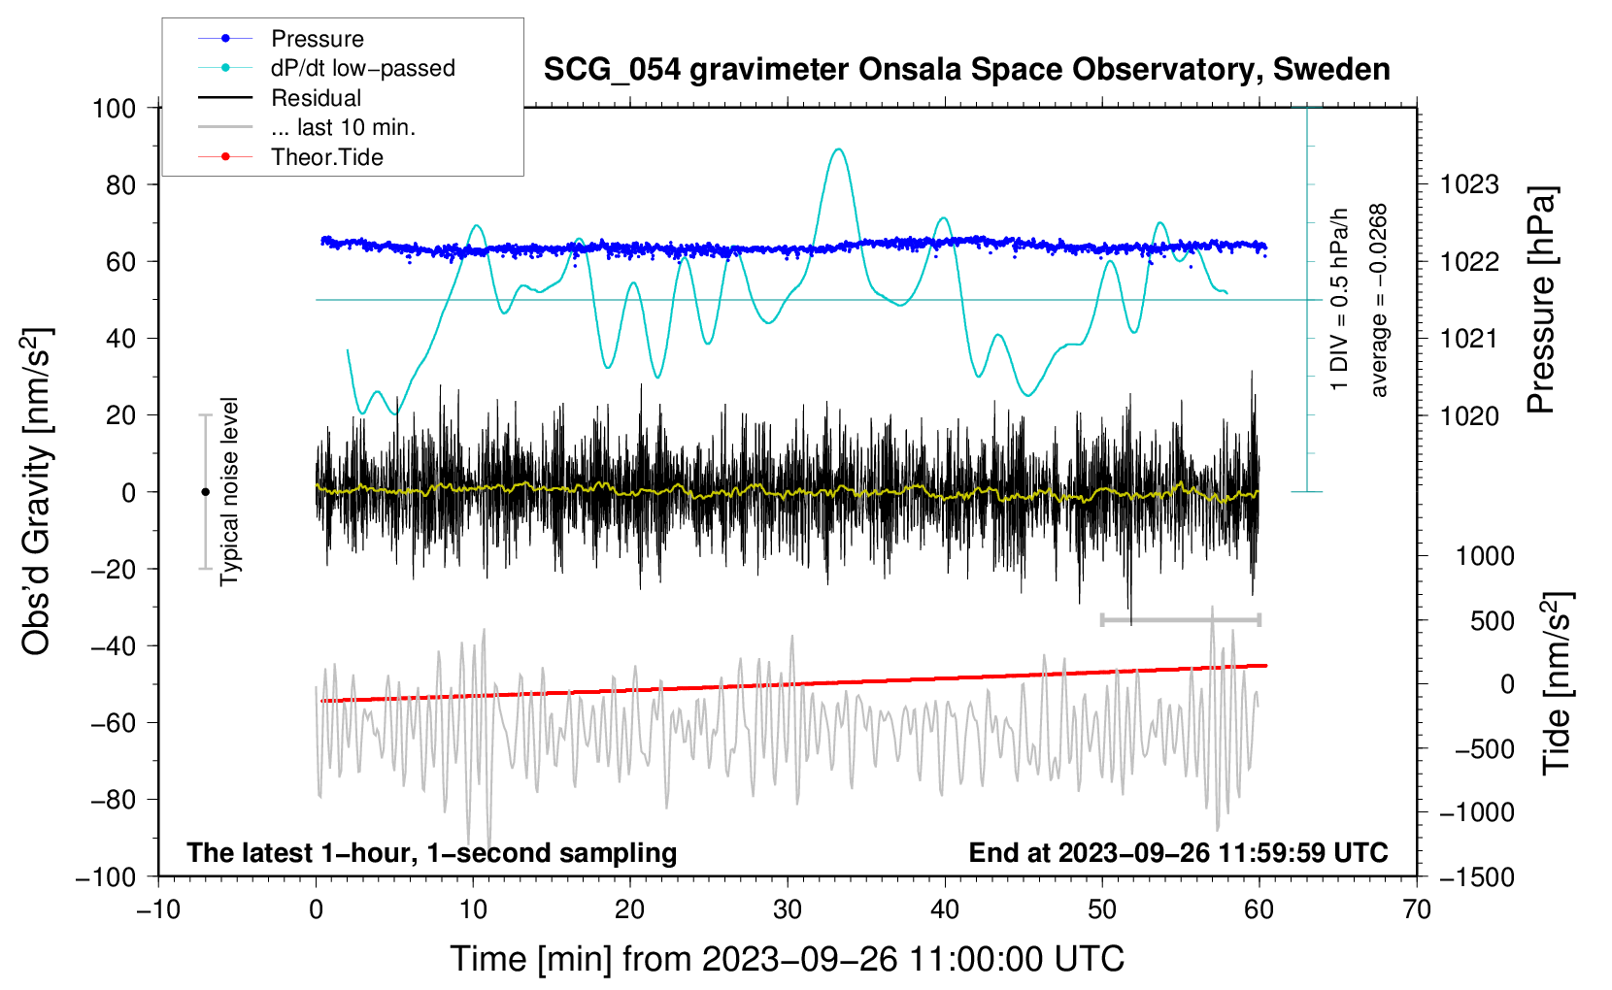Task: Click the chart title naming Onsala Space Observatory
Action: [x=966, y=70]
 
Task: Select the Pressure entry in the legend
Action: [x=317, y=39]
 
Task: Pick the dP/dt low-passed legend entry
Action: [x=362, y=68]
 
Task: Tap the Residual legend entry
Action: [x=316, y=98]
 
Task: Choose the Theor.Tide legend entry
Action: [x=326, y=157]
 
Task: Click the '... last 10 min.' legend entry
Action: [x=343, y=127]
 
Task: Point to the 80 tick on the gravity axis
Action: [x=120, y=184]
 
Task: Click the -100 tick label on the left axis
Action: [x=106, y=876]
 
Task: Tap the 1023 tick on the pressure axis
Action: [x=1469, y=184]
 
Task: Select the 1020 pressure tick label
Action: [x=1469, y=415]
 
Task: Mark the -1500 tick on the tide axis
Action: [x=1476, y=876]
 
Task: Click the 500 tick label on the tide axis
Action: [x=1493, y=620]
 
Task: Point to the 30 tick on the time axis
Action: [x=788, y=909]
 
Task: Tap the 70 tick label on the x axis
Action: [x=1417, y=909]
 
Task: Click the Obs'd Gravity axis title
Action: [x=37, y=491]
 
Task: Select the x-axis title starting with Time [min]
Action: [x=787, y=959]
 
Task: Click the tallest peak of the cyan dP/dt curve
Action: [x=838, y=149]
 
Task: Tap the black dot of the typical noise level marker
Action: [x=205, y=492]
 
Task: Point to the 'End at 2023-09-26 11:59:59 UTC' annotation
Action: [x=1178, y=852]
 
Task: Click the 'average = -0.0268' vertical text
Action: [x=1379, y=300]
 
